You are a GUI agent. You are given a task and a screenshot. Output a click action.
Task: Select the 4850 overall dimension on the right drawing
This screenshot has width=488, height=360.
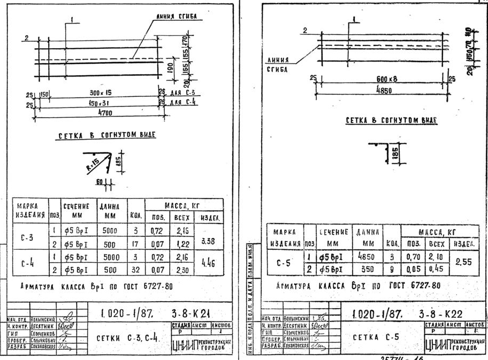[381, 90]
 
